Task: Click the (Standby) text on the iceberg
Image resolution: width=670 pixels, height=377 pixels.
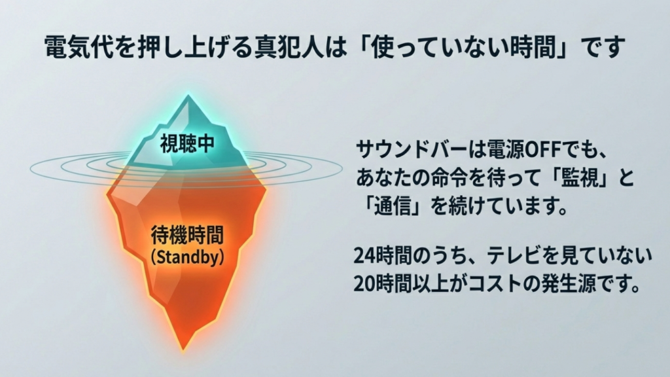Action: click(187, 257)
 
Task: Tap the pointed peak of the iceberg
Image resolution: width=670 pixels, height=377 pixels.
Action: click(189, 98)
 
